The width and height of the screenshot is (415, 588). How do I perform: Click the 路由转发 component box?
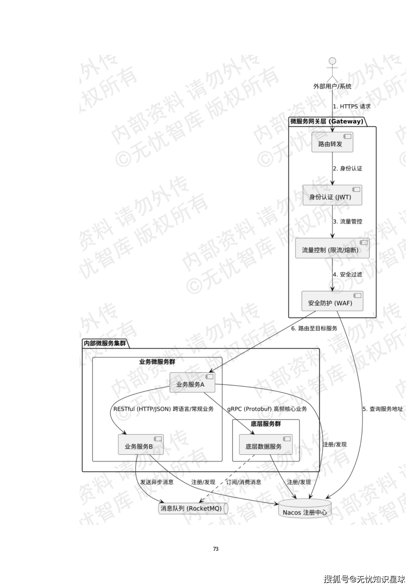[332, 142]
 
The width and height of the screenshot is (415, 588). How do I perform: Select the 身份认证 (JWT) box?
[332, 195]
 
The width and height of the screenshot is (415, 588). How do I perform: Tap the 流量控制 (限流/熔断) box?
[332, 248]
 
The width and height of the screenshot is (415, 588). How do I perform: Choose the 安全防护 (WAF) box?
[332, 301]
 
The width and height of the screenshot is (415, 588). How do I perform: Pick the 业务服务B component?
[141, 444]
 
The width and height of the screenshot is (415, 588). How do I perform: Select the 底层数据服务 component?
[265, 444]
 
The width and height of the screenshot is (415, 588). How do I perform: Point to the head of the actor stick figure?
[332, 61]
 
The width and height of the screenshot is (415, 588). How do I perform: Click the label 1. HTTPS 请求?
[351, 107]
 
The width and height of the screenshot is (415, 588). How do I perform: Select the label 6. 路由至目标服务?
[314, 328]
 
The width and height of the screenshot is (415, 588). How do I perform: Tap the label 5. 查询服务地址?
[382, 409]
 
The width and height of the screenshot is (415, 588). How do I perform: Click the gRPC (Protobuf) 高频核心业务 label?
[267, 409]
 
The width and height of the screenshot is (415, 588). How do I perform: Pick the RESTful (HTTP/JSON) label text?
[142, 409]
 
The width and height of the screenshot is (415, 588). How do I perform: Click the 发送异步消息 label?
[157, 482]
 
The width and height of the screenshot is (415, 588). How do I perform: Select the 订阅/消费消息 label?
[243, 482]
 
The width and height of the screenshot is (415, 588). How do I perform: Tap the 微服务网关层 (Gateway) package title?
[327, 122]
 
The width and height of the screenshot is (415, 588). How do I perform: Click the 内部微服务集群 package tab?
[105, 343]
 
